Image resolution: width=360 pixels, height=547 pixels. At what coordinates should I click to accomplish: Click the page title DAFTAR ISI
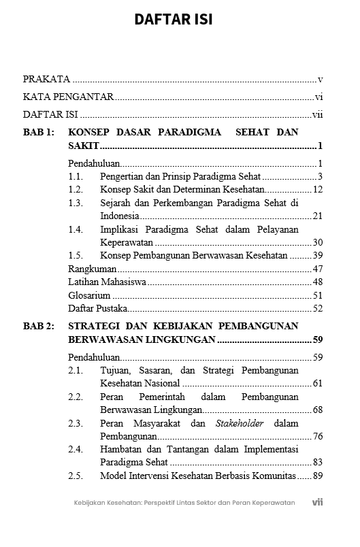pos(173,20)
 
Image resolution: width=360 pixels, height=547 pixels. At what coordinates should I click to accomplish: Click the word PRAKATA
pos(46,79)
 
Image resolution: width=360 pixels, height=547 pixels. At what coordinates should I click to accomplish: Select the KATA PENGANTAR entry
pos(68,97)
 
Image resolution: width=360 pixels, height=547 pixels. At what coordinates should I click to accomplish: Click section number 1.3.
pos(76,203)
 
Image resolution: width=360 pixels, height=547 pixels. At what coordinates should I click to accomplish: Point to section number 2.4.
pos(76,449)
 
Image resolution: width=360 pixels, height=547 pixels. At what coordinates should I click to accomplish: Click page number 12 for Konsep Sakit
pos(317,189)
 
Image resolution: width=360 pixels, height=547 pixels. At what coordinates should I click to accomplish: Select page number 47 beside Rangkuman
pos(317,269)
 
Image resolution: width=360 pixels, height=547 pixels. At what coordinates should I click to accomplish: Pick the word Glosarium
pos(88,295)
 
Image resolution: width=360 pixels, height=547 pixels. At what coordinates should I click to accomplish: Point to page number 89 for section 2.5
pos(317,476)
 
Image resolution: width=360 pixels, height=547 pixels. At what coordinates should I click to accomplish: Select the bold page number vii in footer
pos(317,502)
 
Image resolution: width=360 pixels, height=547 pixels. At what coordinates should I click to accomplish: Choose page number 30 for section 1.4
pos(317,242)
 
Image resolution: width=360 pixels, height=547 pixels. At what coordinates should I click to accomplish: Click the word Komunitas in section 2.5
pos(271,476)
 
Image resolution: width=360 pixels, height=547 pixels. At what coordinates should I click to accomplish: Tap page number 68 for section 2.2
pos(317,410)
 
